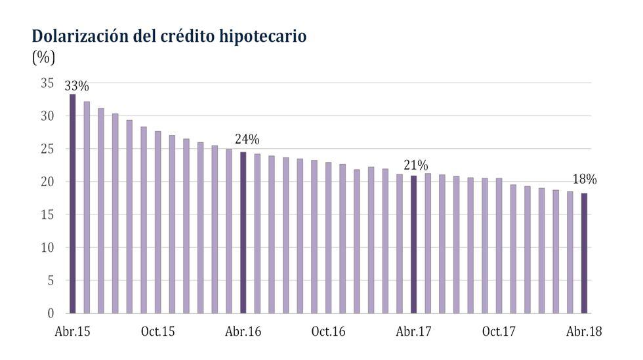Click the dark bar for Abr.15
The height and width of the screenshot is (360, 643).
(72, 203)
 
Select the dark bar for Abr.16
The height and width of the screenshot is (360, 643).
(243, 232)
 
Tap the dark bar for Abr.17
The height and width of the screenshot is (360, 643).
(413, 244)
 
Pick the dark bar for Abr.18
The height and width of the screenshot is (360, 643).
(584, 252)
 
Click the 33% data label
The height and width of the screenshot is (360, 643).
(77, 87)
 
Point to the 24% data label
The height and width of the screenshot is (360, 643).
(247, 140)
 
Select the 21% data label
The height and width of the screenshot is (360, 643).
(416, 165)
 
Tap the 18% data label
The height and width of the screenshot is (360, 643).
(584, 179)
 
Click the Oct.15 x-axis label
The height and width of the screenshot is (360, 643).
(157, 332)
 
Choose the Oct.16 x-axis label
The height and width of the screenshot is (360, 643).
(328, 332)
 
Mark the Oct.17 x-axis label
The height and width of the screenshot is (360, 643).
(499, 332)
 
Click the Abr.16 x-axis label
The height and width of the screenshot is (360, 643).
(243, 332)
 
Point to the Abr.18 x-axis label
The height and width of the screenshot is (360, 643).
(584, 332)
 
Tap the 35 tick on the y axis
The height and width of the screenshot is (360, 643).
(47, 83)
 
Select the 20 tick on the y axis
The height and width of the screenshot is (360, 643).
(47, 182)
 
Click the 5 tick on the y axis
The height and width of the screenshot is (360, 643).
(50, 281)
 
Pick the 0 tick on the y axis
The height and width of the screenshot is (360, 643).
(50, 313)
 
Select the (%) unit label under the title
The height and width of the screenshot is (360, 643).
(43, 58)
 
